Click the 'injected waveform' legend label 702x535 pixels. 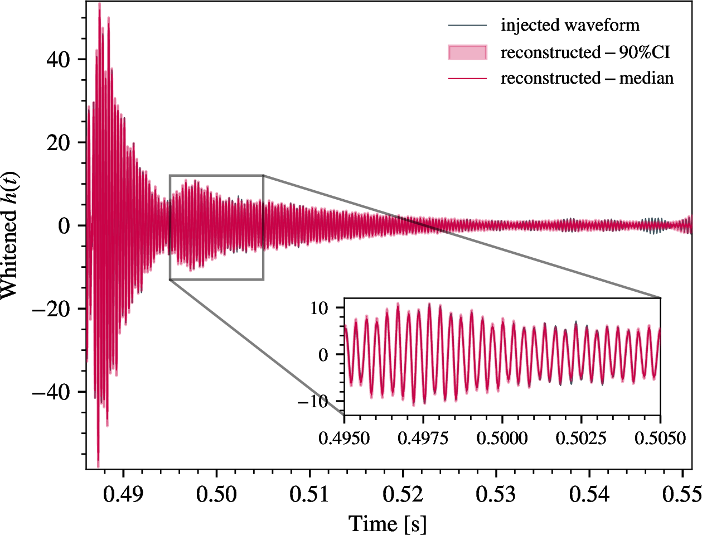click(x=570, y=25)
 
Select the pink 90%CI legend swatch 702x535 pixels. click(x=467, y=52)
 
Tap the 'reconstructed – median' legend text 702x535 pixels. click(x=587, y=78)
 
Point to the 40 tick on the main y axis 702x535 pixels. click(x=57, y=59)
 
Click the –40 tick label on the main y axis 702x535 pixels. click(x=51, y=392)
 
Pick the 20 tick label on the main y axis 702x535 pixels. click(x=57, y=142)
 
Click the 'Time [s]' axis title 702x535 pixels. click(x=388, y=524)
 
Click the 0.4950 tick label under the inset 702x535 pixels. click(x=344, y=438)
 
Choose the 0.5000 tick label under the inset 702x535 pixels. click(x=502, y=438)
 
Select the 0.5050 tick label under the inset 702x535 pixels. click(x=660, y=438)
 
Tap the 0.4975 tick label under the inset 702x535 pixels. click(x=423, y=438)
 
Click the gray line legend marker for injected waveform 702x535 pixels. click(x=467, y=26)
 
